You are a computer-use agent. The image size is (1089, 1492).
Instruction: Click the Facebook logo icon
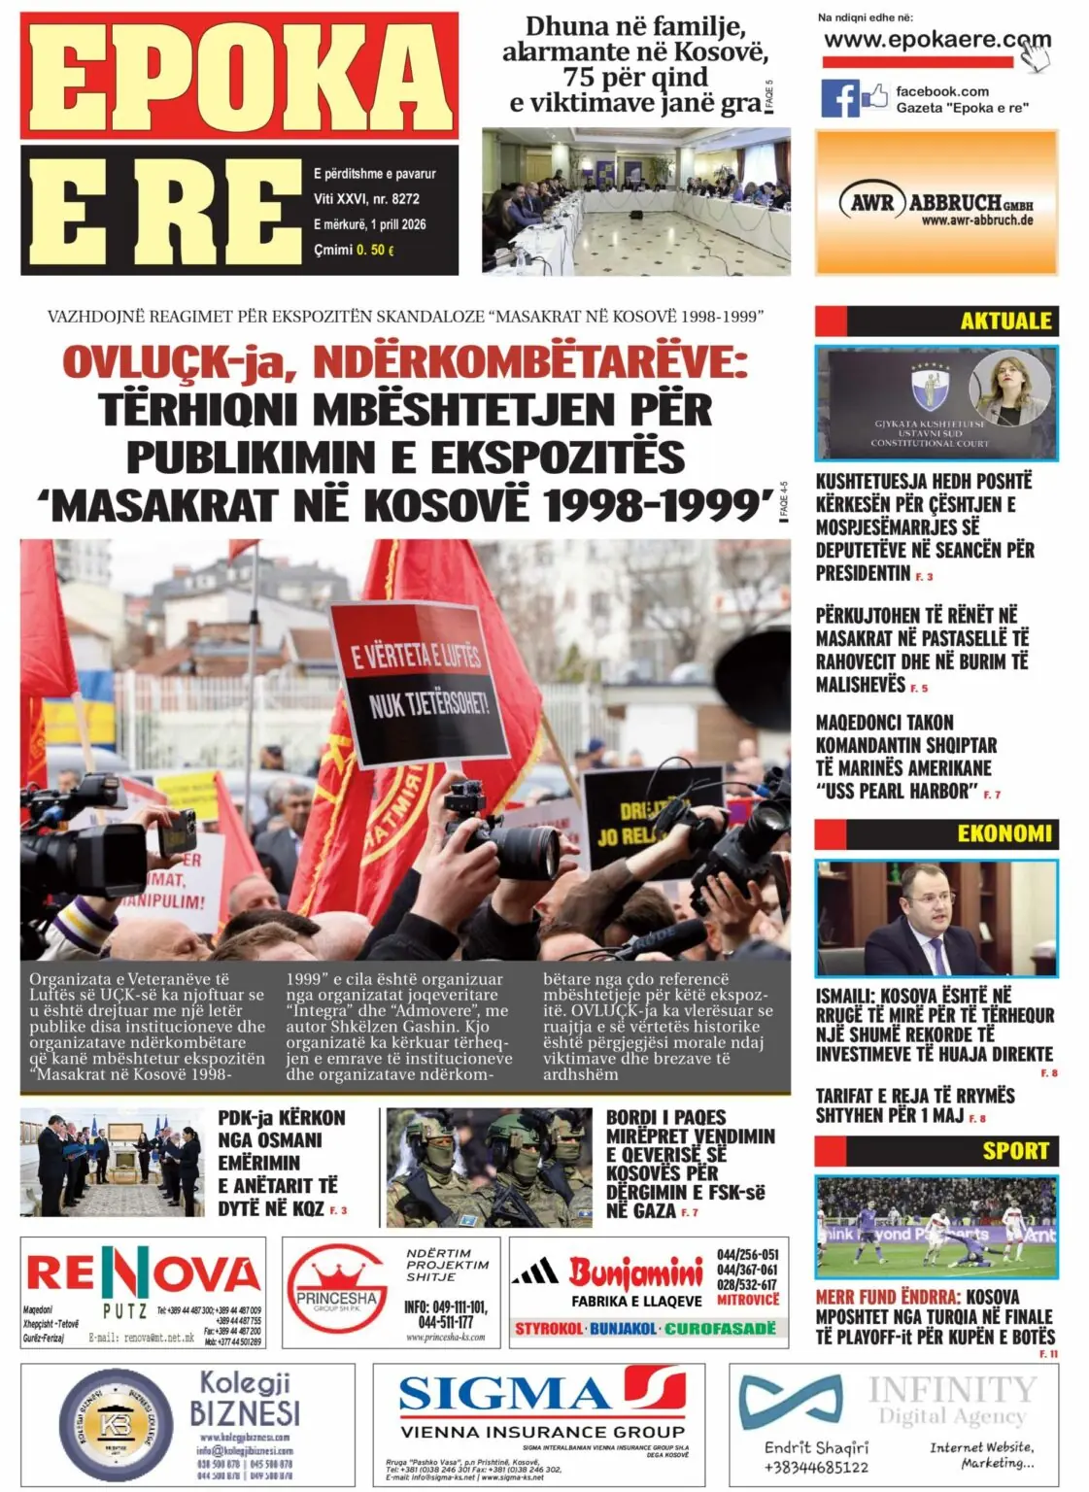pos(839,98)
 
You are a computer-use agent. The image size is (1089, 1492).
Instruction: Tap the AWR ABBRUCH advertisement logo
pos(936,204)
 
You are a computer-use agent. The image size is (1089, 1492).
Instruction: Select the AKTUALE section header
pos(1005,321)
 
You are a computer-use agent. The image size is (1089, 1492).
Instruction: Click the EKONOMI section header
pos(1004,833)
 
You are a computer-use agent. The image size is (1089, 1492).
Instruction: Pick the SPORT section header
pos(1015,1150)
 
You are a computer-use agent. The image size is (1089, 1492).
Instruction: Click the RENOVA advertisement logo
pos(143,1273)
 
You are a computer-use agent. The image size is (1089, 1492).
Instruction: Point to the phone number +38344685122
pos(816,1467)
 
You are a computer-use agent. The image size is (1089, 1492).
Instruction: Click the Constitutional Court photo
pos(936,402)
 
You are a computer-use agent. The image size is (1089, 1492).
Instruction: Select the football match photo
pos(936,1227)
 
